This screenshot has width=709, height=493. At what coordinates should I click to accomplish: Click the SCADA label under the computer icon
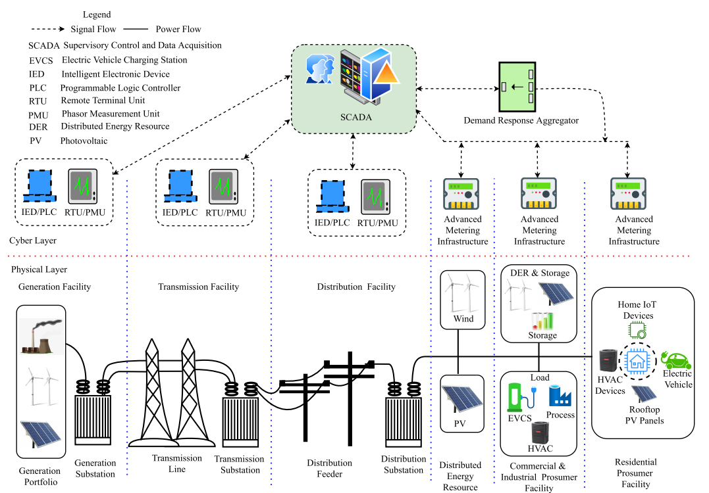(356, 118)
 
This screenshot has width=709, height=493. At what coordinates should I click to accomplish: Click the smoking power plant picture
(41, 337)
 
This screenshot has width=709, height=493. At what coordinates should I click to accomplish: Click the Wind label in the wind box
(463, 319)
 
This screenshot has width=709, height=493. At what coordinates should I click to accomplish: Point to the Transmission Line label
(177, 463)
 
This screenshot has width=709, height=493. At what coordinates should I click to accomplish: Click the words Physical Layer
(39, 270)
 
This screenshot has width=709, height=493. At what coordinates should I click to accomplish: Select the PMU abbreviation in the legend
(39, 114)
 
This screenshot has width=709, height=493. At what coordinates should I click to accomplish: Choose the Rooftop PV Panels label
(644, 415)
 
